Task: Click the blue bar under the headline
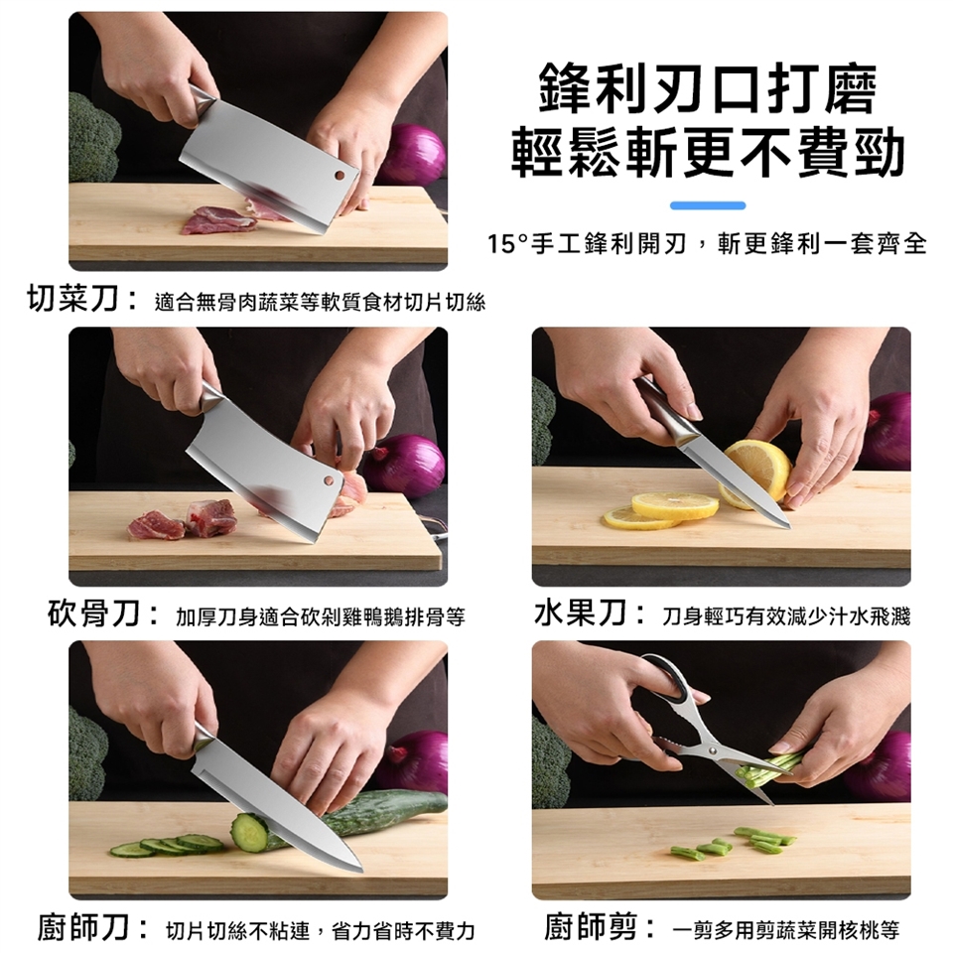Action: [x=708, y=205]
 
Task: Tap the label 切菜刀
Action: [x=72, y=299]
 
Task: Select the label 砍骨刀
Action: [x=93, y=613]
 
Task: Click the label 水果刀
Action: [x=580, y=613]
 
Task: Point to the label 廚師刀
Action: [x=83, y=927]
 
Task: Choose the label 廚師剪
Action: [x=591, y=927]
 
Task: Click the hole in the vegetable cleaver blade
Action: [x=340, y=176]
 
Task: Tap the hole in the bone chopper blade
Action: [x=329, y=480]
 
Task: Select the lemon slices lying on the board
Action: [x=661, y=511]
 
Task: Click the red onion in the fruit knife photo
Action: [x=885, y=431]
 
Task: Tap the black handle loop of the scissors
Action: [x=668, y=679]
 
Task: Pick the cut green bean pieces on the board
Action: [x=732, y=843]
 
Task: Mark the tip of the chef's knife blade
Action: [x=361, y=871]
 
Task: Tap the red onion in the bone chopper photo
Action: [x=405, y=466]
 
